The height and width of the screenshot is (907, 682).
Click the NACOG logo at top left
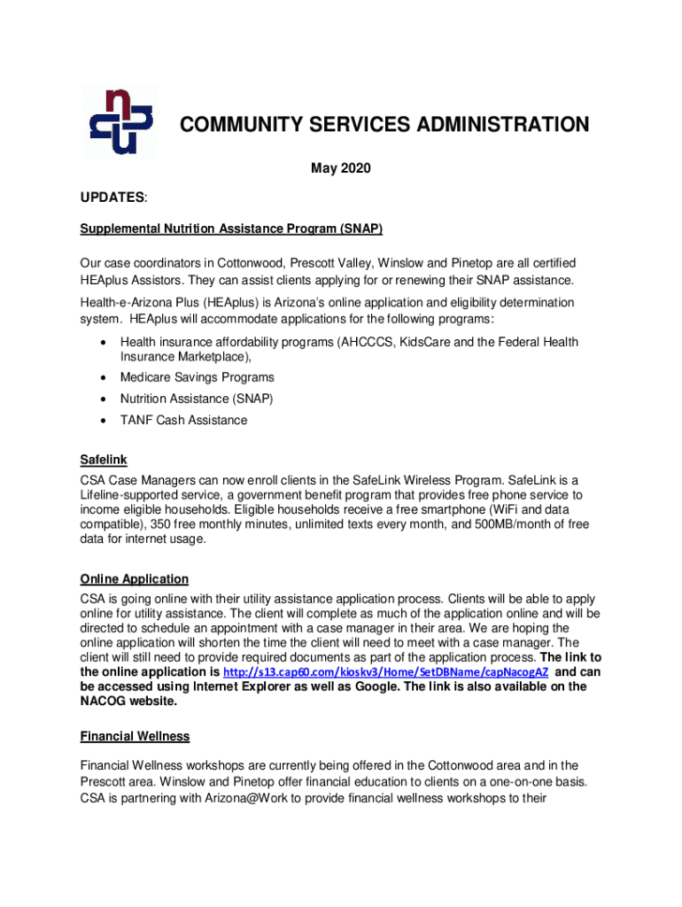[x=119, y=121]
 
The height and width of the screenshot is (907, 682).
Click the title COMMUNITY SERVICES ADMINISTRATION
[x=384, y=125]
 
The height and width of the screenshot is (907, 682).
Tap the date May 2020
[x=341, y=168]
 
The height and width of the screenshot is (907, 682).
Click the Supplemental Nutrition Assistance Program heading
[x=231, y=229]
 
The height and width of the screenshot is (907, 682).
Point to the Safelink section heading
[x=104, y=460]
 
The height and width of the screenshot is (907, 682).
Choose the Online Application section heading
[x=134, y=579]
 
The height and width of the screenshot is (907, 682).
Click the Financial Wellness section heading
[x=135, y=736]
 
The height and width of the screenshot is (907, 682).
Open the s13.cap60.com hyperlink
[x=386, y=672]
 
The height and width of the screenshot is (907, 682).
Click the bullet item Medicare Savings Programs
[x=197, y=377]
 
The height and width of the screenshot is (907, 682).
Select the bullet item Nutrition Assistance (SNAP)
[x=197, y=399]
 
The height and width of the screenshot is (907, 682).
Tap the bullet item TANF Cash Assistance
[x=183, y=420]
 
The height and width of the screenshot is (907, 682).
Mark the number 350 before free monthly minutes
[x=216, y=524]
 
